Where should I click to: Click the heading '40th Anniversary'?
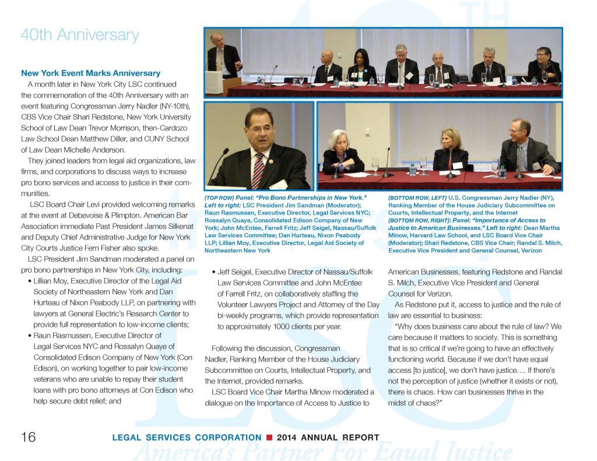click(x=79, y=35)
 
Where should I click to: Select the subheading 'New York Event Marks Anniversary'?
click(x=90, y=73)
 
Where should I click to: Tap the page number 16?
click(x=29, y=438)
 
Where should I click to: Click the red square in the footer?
click(x=269, y=438)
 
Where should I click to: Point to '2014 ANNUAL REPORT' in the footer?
click(x=328, y=438)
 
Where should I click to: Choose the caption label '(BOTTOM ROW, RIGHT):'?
click(x=420, y=220)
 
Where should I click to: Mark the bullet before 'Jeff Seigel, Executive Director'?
click(x=215, y=272)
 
